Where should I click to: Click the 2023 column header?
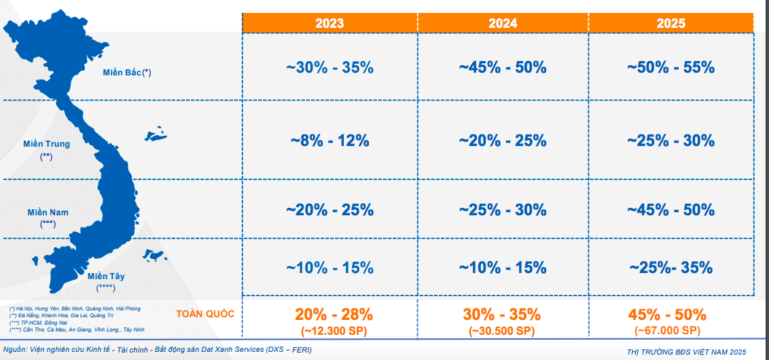329,23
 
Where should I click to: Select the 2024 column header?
502,23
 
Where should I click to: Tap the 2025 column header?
670,23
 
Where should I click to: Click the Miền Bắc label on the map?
127,72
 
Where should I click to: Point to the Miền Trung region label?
46,144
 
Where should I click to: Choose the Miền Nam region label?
48,213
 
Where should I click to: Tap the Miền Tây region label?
106,276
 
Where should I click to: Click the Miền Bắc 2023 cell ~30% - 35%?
329,68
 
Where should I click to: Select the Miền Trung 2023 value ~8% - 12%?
329,141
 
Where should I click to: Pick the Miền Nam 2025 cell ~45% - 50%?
670,209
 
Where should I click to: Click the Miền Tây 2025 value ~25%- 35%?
670,267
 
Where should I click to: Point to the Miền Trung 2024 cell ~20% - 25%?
502,141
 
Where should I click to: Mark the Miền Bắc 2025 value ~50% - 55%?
670,68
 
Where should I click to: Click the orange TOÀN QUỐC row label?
204,314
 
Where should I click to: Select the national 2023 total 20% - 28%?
334,314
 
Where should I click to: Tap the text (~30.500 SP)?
502,331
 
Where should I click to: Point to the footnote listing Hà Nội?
75,309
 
